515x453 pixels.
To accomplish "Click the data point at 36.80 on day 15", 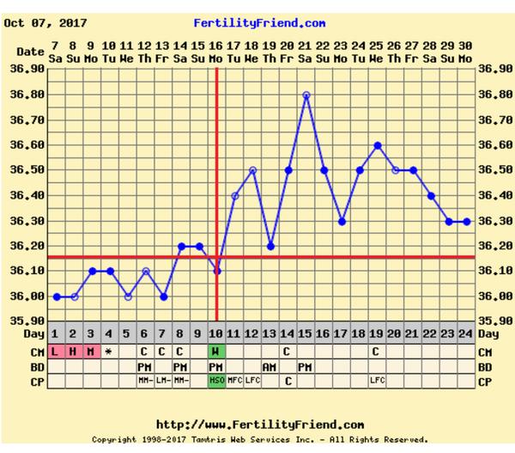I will click(306, 95).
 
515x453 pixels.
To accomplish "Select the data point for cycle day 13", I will click(270, 246).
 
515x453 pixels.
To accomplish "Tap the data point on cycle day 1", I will click(56, 297).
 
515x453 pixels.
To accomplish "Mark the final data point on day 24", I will click(467, 221).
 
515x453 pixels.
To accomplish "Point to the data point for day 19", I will click(378, 145).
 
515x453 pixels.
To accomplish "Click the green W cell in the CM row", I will click(216, 352).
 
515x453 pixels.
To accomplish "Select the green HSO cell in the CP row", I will click(216, 380).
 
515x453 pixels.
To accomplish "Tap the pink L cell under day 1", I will click(56, 352).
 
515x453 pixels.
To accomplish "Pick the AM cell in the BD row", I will click(270, 366).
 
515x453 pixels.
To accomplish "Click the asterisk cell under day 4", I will click(109, 352).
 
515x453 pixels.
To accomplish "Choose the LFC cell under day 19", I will click(378, 380).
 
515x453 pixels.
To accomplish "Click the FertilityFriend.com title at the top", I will click(259, 23).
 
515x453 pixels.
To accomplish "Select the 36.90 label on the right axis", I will click(494, 69).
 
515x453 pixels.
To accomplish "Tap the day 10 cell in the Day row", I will click(216, 334).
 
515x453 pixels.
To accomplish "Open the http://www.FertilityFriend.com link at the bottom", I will click(259, 425).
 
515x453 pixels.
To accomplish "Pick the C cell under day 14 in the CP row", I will click(288, 380).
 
